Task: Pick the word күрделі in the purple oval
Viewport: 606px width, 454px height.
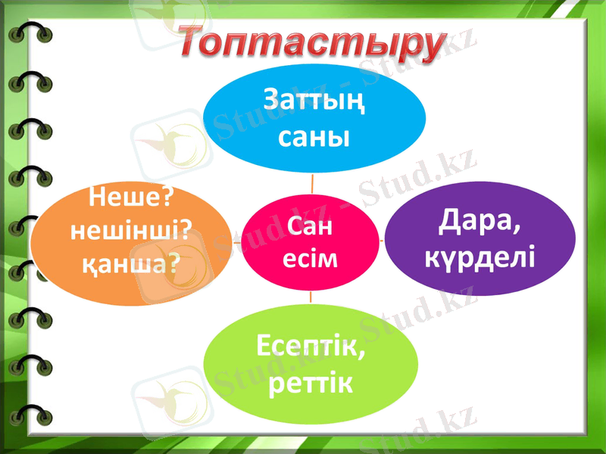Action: click(x=480, y=257)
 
